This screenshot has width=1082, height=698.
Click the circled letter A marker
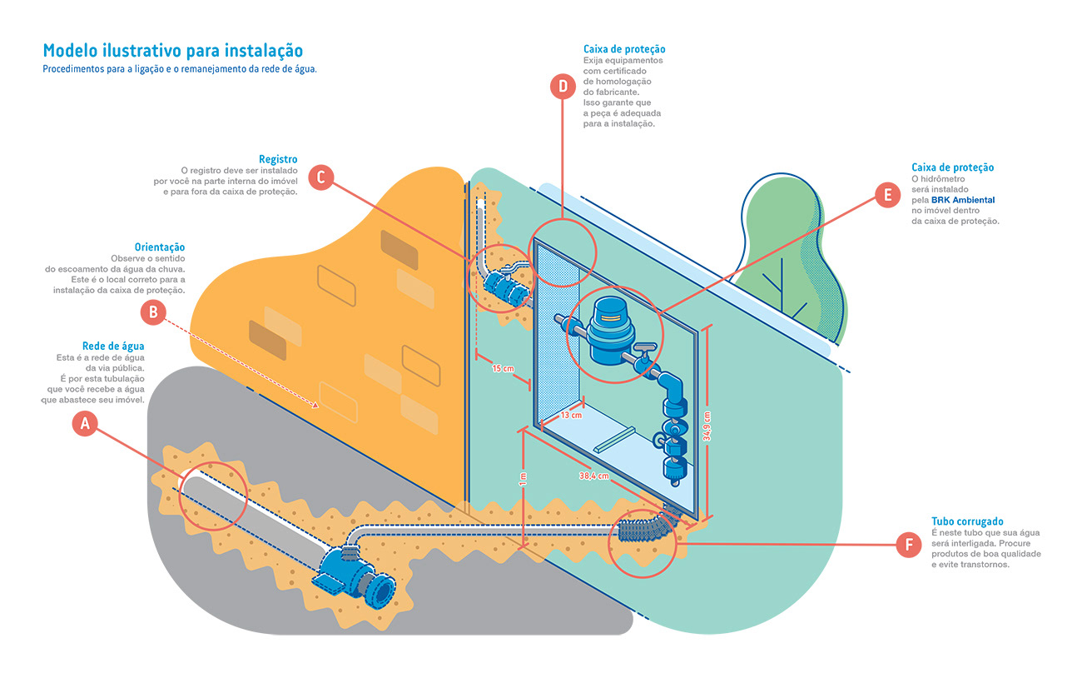[x=84, y=423]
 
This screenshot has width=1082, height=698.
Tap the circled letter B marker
[x=153, y=312]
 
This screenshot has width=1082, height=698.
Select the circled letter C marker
[x=321, y=177]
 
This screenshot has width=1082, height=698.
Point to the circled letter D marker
[x=563, y=86]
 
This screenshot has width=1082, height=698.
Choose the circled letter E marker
[x=888, y=195]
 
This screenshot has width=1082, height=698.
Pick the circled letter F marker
[x=909, y=546]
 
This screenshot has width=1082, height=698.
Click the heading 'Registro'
[x=278, y=159]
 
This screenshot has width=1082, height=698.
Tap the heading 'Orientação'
[x=160, y=247]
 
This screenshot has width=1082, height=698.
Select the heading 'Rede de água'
[x=113, y=347]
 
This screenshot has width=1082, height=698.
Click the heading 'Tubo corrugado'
[x=967, y=521]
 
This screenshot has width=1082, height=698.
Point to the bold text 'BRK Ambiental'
[x=965, y=200]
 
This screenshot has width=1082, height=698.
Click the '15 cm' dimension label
[x=503, y=367]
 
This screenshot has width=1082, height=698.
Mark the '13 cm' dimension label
[x=570, y=414]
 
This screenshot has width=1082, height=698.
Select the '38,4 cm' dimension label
[x=595, y=476]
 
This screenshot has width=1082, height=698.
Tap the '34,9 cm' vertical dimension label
[x=707, y=428]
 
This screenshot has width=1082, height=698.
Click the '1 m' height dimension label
[x=522, y=481]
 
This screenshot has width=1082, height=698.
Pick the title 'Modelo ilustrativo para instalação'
[x=172, y=50]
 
